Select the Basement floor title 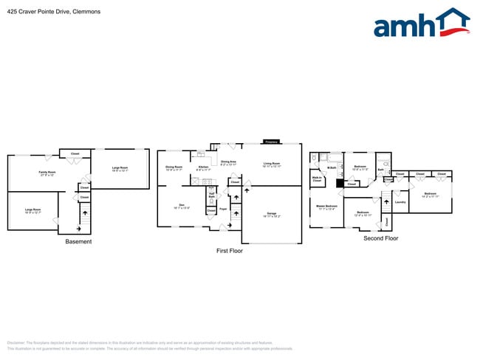(x=78, y=241)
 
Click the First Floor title (x=229, y=251)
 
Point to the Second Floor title (x=380, y=238)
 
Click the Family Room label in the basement (x=47, y=173)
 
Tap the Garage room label (x=271, y=215)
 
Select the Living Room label (x=271, y=165)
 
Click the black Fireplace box (x=271, y=142)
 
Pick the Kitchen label (x=203, y=168)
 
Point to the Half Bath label (x=211, y=196)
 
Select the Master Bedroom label (x=326, y=207)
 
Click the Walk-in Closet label (x=317, y=179)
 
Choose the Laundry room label (x=400, y=201)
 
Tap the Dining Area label (x=228, y=162)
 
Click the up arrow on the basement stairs (x=83, y=212)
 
